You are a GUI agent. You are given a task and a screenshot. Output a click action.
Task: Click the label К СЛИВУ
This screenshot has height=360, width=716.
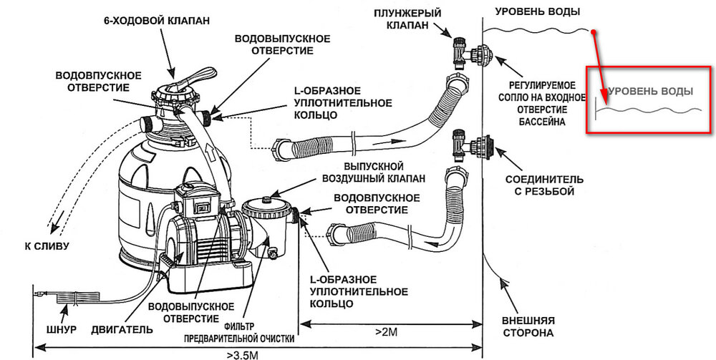point(46,246)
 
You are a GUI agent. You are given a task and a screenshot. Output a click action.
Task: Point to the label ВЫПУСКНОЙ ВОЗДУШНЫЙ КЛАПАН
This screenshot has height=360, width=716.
point(367,172)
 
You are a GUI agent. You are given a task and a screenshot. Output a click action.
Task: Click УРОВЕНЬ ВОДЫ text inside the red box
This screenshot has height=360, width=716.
point(651,91)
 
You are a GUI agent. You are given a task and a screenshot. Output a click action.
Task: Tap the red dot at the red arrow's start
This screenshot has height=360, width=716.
point(594,31)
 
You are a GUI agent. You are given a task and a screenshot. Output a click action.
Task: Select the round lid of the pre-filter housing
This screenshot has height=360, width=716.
point(266,202)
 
